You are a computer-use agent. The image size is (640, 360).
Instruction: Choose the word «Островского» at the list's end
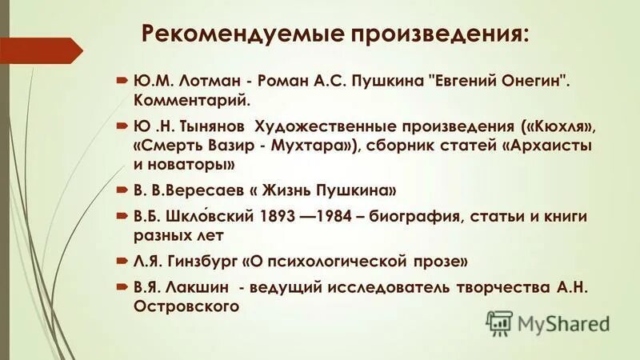(x=183, y=306)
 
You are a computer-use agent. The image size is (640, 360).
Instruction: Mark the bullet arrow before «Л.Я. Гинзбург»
(x=120, y=262)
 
